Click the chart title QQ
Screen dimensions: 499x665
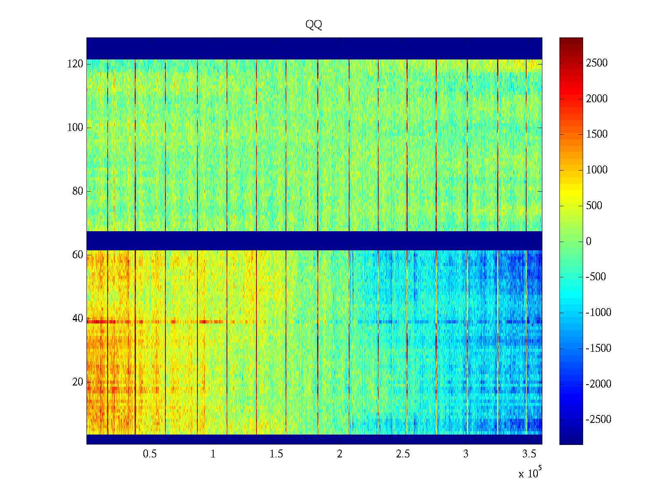coord(314,25)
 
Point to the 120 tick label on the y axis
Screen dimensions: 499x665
coord(75,64)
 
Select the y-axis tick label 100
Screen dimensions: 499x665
coord(75,128)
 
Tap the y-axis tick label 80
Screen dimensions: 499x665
coord(78,191)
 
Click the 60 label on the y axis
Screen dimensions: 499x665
coord(78,255)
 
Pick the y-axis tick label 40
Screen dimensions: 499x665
coord(78,319)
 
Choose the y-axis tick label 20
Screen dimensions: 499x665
coord(78,382)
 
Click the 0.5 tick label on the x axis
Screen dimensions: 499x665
coord(150,454)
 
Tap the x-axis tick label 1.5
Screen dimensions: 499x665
coord(276,454)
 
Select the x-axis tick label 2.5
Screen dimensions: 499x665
coord(402,454)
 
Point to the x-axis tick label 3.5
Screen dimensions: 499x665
coord(529,454)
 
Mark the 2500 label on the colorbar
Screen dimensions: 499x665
coord(596,63)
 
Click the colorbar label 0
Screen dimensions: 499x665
coord(589,242)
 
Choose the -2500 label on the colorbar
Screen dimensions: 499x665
coord(598,420)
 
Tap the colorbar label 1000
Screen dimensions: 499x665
coord(596,170)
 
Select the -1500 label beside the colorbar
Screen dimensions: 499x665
coord(598,348)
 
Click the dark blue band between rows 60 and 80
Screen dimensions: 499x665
coord(314,240)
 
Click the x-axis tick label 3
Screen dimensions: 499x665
coord(465,454)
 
